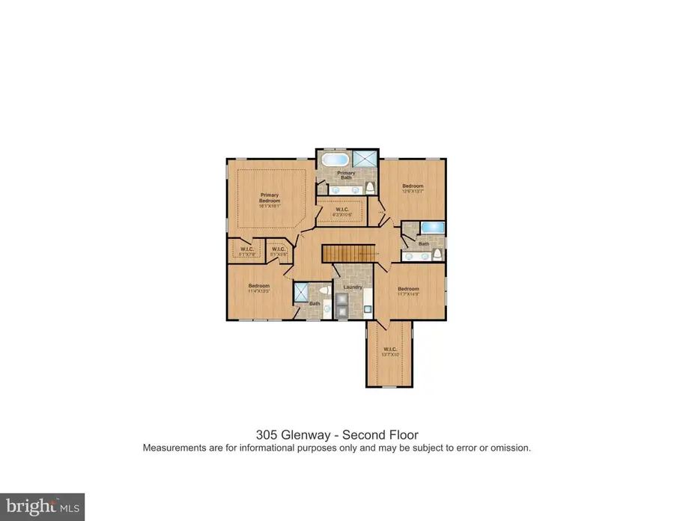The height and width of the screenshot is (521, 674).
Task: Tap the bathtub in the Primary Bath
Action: (334, 160)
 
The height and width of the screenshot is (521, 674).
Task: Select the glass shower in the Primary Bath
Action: (365, 160)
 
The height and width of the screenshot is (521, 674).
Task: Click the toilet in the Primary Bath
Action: (370, 187)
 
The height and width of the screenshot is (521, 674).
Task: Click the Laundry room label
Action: (353, 287)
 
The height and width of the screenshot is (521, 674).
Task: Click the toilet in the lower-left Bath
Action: (324, 290)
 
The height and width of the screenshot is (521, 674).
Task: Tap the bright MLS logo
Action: (43, 506)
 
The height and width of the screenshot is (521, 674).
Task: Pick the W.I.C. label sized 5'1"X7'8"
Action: (247, 250)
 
